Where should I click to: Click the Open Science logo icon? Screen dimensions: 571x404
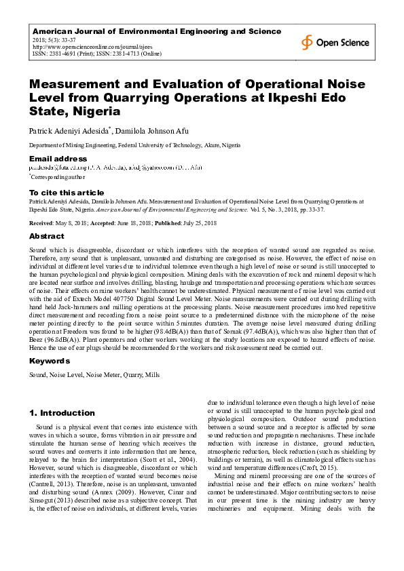point(308,42)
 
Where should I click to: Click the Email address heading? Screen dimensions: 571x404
point(57,159)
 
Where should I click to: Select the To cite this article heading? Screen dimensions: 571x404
point(67,193)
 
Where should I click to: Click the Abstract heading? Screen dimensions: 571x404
point(47,236)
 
